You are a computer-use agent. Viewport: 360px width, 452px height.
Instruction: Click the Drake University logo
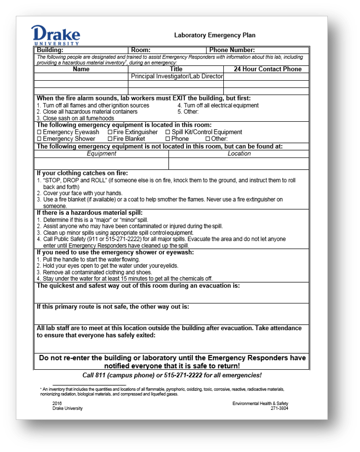click(x=55, y=35)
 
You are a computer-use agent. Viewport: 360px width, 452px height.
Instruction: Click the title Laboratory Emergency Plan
click(x=214, y=35)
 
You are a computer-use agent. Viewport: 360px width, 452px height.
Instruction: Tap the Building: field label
click(x=50, y=50)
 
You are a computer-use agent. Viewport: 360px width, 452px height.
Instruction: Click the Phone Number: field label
click(x=232, y=50)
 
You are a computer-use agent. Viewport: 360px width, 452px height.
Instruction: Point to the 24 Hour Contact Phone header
click(x=267, y=69)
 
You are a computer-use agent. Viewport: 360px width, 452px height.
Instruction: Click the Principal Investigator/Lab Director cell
click(x=177, y=77)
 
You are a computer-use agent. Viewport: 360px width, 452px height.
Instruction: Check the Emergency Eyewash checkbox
click(x=40, y=133)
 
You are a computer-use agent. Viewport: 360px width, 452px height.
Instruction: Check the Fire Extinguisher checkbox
click(x=109, y=133)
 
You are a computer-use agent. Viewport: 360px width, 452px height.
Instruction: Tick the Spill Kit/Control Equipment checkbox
click(x=167, y=133)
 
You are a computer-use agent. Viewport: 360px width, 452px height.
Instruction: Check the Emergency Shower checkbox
click(x=40, y=139)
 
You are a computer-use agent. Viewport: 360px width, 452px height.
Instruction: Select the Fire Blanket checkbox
click(x=109, y=139)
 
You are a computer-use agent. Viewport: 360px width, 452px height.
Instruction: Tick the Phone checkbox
click(x=167, y=139)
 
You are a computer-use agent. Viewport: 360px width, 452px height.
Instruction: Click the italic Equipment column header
click(x=102, y=154)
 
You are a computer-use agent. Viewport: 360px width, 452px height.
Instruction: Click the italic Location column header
click(x=239, y=154)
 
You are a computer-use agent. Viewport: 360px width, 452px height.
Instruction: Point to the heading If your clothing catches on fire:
click(x=82, y=173)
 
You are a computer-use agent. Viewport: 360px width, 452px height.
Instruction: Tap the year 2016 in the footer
click(x=57, y=403)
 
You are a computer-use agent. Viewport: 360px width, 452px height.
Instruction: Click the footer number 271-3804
click(x=279, y=408)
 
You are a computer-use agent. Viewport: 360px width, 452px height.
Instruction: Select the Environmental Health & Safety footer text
click(x=260, y=403)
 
